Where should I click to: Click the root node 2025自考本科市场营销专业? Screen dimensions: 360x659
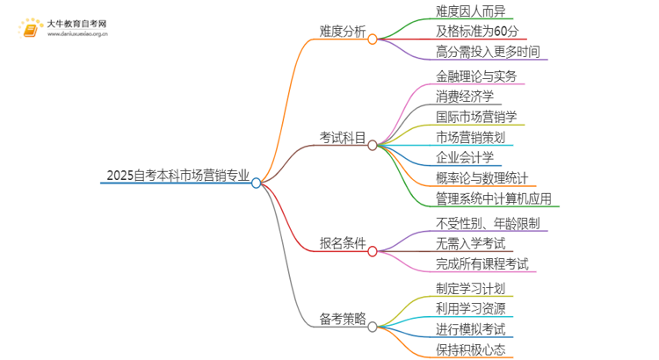tap(176, 175)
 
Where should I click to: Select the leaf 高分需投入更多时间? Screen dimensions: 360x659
tap(490, 52)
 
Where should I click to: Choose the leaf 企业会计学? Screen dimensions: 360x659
tap(465, 157)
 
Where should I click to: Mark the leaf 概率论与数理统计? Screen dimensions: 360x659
tap(481, 178)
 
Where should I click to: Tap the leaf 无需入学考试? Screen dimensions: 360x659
tap(470, 243)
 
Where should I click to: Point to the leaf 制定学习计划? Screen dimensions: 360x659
tap(470, 287)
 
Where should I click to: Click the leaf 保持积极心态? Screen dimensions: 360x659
tap(470, 349)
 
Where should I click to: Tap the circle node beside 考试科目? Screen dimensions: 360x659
tap(373, 145)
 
